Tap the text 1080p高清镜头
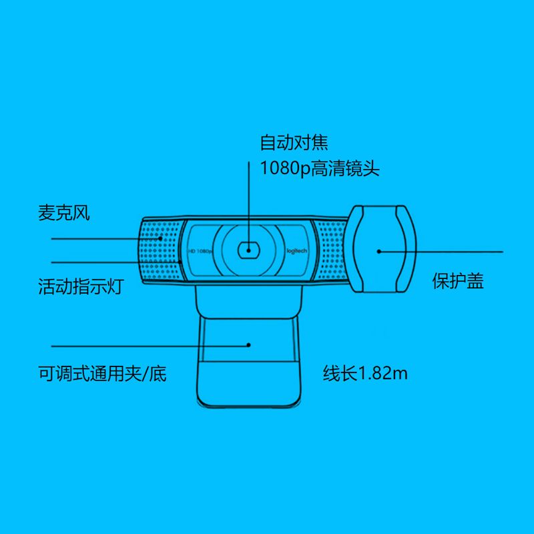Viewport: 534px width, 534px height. pos(320,168)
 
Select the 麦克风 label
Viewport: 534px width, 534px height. pos(63,214)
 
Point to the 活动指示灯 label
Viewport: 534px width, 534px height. pos(81,287)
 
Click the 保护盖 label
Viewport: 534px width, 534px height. pos(458,281)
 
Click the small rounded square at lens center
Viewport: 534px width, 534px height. pos(248,250)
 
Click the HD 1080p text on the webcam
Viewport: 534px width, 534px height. pos(200,251)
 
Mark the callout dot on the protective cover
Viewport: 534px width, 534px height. pos(378,252)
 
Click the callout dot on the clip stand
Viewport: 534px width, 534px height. pos(248,345)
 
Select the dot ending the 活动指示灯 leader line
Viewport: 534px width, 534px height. pos(180,261)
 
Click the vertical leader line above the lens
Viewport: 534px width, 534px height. pos(248,200)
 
